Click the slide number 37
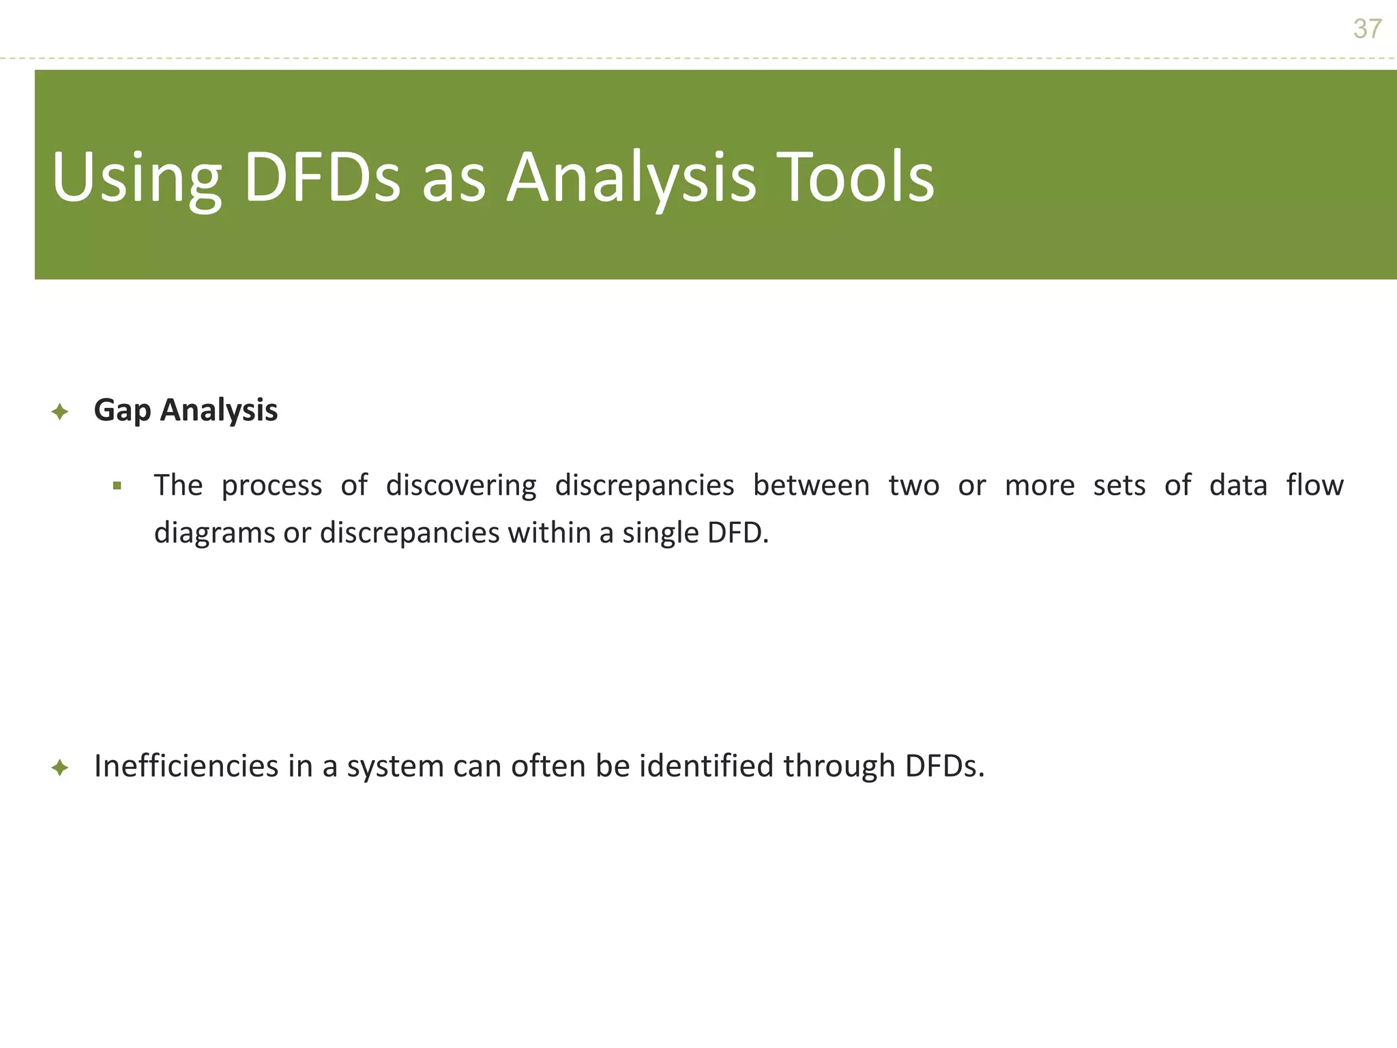click(1367, 29)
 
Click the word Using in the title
click(136, 179)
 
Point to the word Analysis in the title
click(631, 179)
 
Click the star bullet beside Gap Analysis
click(60, 411)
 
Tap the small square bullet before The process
click(117, 486)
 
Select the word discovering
click(461, 486)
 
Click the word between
click(811, 486)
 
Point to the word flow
click(1314, 486)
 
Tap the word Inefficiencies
click(186, 766)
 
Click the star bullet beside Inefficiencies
click(60, 768)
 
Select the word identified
click(707, 766)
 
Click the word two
click(913, 486)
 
